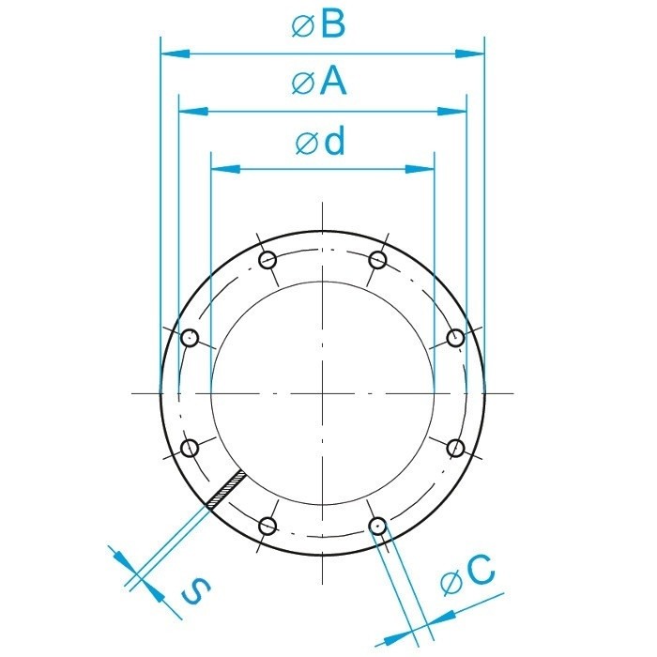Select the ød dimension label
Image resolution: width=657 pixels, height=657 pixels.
tap(321, 142)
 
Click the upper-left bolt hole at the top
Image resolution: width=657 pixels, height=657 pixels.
tap(267, 260)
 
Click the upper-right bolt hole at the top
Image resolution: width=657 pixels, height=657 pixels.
tap(378, 260)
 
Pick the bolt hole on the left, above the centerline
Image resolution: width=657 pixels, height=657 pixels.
tap(190, 338)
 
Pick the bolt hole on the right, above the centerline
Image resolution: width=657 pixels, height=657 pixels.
tap(455, 338)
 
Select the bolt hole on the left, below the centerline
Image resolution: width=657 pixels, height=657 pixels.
tap(190, 448)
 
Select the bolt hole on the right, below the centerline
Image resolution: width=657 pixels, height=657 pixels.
tap(455, 448)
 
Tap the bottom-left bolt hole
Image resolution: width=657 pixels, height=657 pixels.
tap(267, 526)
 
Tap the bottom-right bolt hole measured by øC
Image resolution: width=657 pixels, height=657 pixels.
tap(377, 526)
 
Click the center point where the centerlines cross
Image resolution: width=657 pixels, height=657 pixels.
tap(322, 392)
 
